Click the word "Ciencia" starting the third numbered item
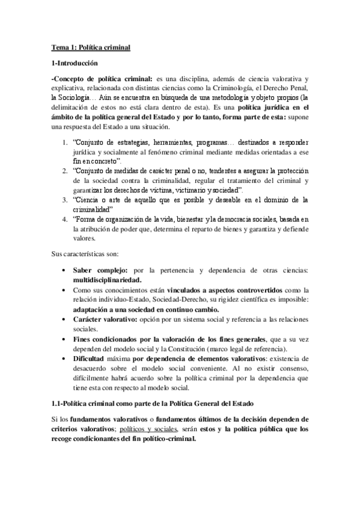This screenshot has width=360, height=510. click(86, 198)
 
